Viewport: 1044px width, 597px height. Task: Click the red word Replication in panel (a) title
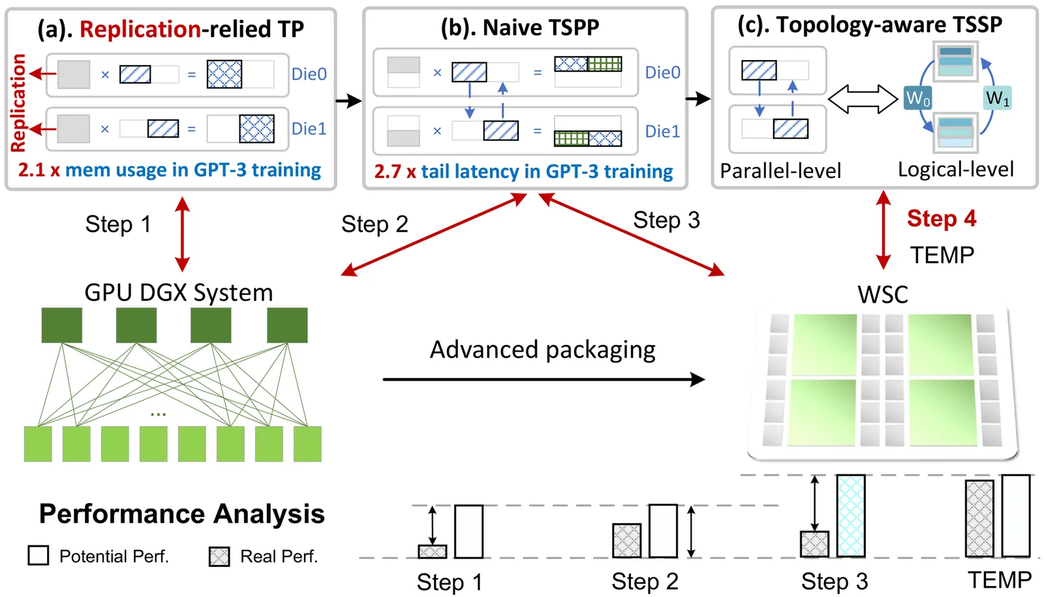[140, 29]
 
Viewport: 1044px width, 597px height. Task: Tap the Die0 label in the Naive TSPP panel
[662, 72]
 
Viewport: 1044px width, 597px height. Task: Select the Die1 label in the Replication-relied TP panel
[309, 129]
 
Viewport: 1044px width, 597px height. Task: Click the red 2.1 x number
[38, 170]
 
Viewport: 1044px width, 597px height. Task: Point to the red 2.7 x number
[395, 172]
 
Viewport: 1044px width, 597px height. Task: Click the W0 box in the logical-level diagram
[917, 99]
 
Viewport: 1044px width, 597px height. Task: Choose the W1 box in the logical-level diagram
[998, 98]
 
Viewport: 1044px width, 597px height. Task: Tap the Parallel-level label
[780, 171]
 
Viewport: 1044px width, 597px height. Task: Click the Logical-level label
[955, 170]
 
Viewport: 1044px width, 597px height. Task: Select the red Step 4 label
[941, 219]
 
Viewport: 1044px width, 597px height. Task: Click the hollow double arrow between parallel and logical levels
[863, 99]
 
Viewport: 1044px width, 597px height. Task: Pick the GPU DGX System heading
[178, 293]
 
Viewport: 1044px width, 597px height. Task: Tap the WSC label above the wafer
[882, 295]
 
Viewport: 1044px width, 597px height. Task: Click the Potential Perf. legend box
[38, 555]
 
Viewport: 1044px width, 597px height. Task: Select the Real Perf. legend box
[219, 557]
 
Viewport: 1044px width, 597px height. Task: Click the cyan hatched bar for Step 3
[851, 515]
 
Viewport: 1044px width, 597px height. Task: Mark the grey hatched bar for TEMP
[979, 519]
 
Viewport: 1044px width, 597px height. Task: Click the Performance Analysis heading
[181, 514]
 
